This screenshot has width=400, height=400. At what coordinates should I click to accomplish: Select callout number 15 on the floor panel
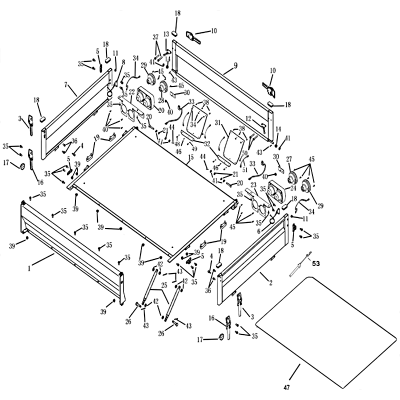pos(190,157)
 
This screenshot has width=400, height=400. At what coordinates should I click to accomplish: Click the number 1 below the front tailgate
pos(29,268)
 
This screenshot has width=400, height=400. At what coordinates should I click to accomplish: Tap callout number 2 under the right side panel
pos(270,283)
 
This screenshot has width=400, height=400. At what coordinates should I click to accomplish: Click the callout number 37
pos(155,37)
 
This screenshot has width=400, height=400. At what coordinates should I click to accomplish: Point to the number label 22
pos(132,91)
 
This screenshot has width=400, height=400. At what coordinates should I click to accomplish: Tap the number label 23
pos(253,184)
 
